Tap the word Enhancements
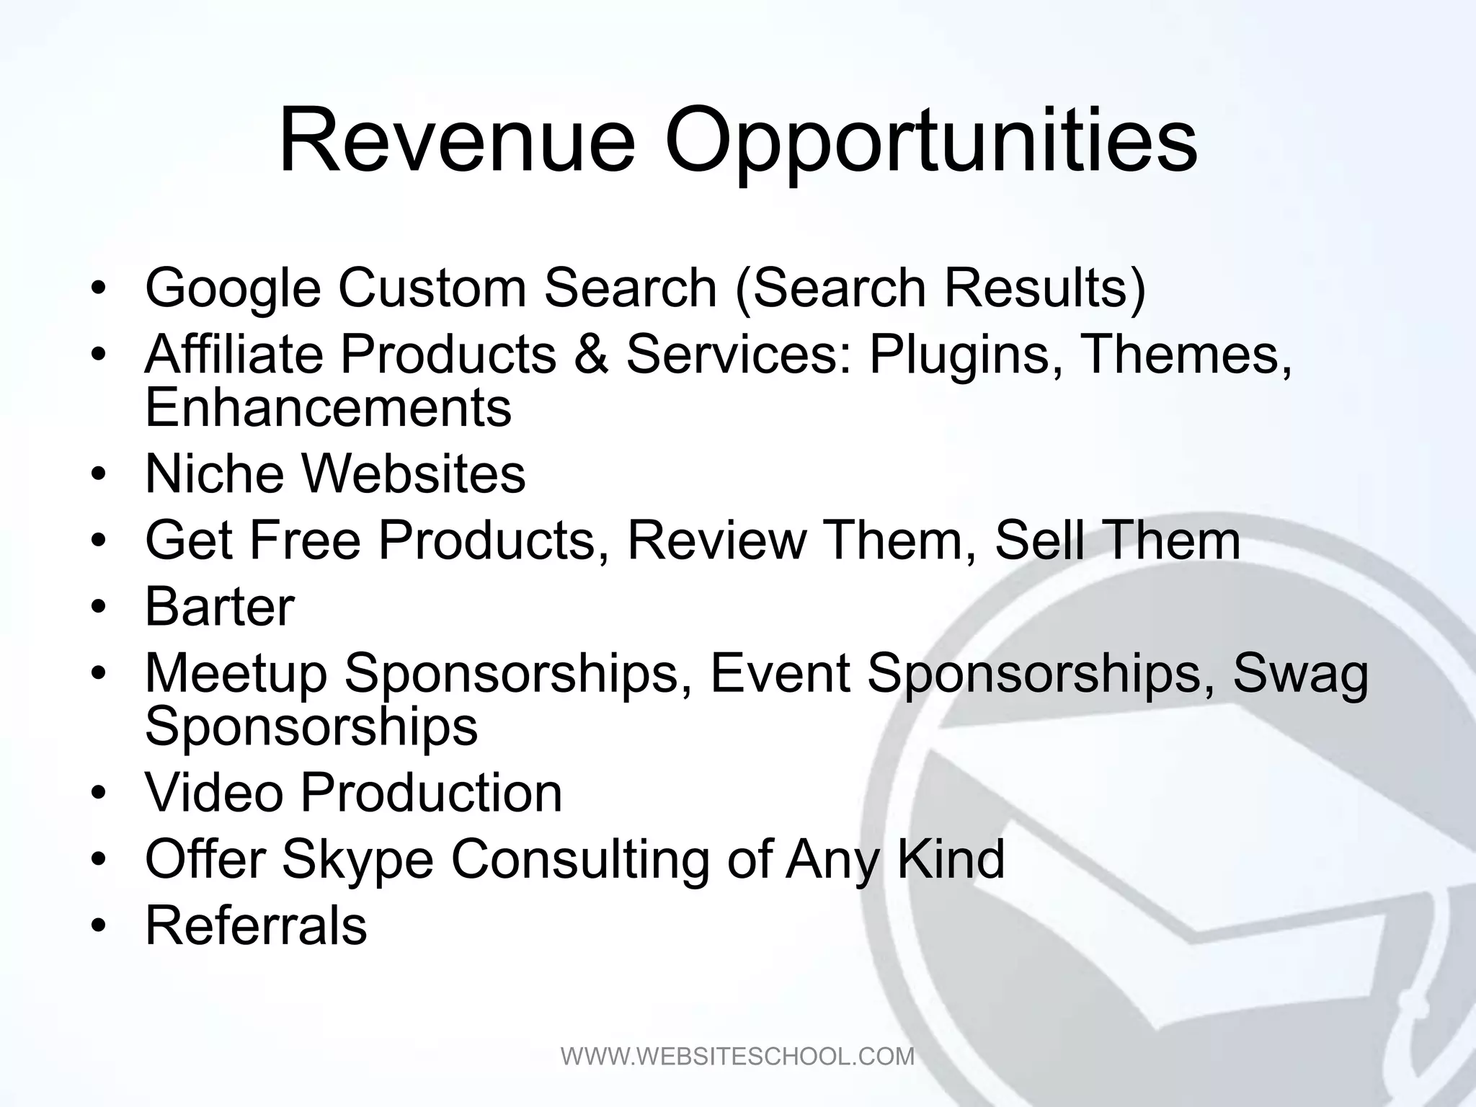tap(328, 407)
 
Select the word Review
tap(716, 540)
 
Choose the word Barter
tap(220, 606)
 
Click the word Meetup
tap(236, 674)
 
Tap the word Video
tap(214, 793)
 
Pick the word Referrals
tap(256, 925)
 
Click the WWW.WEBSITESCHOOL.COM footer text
tap(737, 1057)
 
